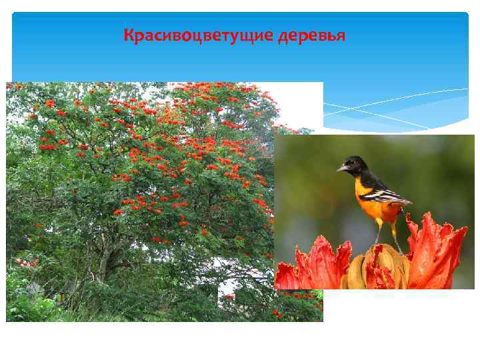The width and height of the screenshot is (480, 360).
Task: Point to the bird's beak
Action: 341,169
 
